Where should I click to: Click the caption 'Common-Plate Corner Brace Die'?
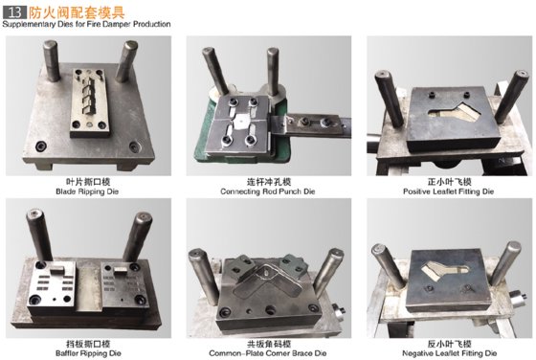(268, 349)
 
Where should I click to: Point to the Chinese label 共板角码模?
(268, 339)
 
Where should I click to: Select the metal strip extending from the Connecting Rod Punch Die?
(316, 122)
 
